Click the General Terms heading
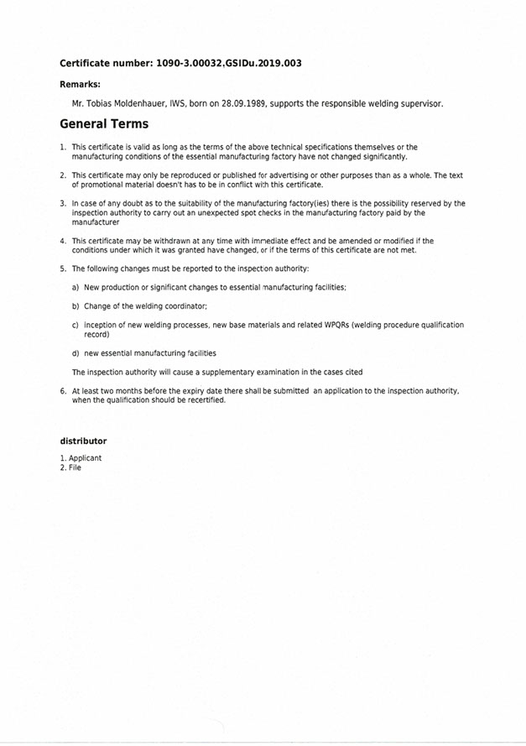(x=104, y=124)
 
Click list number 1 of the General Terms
(x=63, y=147)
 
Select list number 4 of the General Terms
(x=63, y=241)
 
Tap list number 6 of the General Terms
(x=63, y=391)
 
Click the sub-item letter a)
(x=76, y=287)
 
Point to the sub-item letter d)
(x=76, y=353)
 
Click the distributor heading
(x=83, y=441)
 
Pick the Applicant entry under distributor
(x=85, y=458)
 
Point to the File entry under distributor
(x=76, y=467)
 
